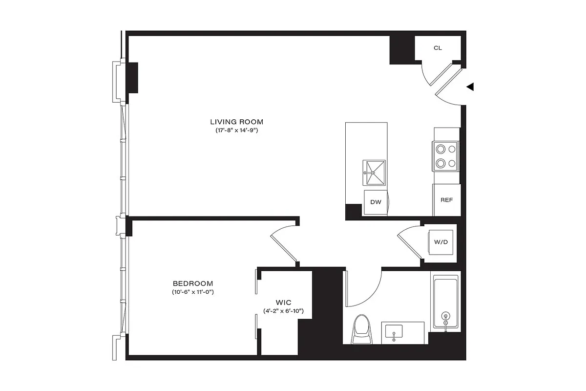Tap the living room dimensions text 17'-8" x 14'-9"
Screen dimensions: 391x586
237,131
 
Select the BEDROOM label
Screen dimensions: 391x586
193,283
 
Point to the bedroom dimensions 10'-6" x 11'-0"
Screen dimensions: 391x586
193,292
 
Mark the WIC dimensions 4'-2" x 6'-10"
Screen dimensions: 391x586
284,311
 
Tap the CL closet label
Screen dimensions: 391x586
438,48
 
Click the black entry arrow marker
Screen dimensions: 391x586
470,87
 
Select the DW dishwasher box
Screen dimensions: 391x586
376,202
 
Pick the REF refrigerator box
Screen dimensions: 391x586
446,200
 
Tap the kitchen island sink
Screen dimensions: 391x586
374,173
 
